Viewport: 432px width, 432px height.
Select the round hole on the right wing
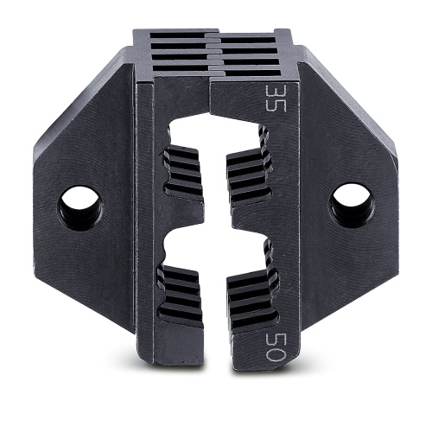point(349,205)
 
